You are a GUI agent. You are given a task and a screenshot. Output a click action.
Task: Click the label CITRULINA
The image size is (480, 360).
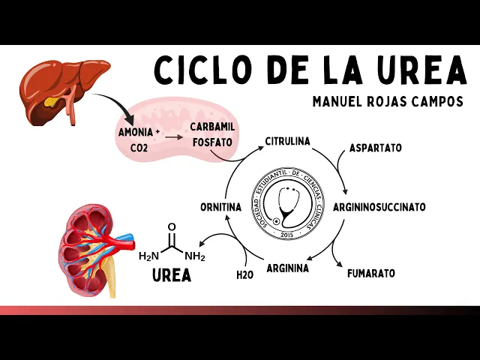click(x=286, y=141)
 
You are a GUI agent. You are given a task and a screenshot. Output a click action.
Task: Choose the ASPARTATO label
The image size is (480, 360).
click(x=375, y=148)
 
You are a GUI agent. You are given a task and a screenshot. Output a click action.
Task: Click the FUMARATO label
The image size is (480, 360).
click(x=371, y=273)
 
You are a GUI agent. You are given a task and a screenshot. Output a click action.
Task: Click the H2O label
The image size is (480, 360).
click(x=244, y=275)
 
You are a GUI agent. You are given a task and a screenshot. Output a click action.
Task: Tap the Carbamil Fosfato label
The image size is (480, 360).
click(x=212, y=133)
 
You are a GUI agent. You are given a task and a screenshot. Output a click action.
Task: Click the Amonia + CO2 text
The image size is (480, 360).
click(x=139, y=139)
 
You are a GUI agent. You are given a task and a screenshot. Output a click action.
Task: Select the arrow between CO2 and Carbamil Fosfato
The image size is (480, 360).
click(x=173, y=137)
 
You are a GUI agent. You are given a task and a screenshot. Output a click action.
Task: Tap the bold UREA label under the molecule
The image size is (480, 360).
click(x=172, y=275)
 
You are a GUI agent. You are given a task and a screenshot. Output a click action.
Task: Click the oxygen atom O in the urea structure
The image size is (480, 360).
click(x=172, y=226)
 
